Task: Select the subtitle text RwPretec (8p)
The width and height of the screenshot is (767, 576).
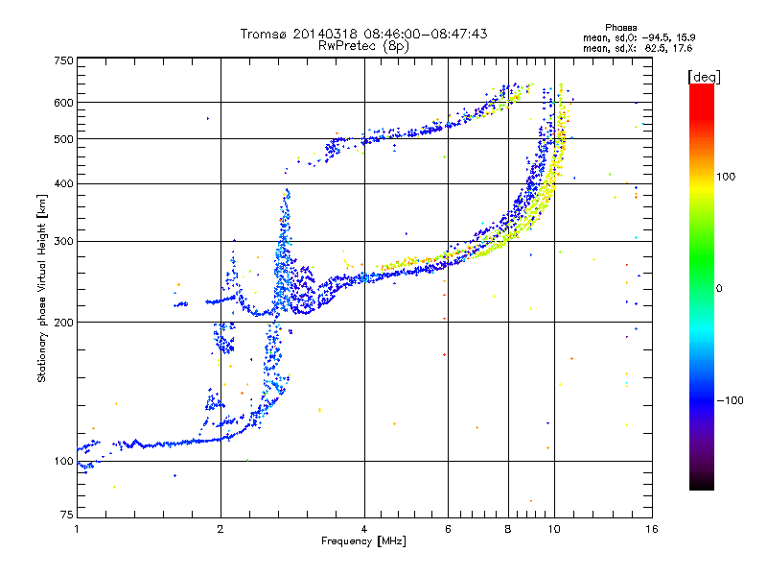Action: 363,46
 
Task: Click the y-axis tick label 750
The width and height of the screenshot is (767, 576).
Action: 64,60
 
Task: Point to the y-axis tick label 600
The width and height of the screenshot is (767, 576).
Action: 64,103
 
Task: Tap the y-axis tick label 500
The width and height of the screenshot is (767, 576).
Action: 64,138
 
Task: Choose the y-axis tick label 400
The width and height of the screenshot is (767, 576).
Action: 64,183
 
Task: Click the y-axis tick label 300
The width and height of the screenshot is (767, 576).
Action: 64,241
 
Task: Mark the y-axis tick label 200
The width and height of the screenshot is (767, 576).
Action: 64,323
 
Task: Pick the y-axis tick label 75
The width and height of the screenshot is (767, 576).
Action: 67,515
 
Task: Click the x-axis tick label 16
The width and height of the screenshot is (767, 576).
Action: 652,529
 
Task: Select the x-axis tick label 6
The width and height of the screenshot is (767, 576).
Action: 448,529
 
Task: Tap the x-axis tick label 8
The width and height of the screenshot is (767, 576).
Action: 508,529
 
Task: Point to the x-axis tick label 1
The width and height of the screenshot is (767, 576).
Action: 77,529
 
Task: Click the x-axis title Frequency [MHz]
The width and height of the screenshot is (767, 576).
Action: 363,541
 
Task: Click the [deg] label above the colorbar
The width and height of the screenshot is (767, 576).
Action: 704,77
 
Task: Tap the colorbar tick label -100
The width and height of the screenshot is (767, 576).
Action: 730,400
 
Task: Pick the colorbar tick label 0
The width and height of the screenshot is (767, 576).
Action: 719,289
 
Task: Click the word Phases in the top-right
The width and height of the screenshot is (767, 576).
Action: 620,28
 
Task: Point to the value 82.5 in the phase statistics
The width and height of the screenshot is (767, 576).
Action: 654,48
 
